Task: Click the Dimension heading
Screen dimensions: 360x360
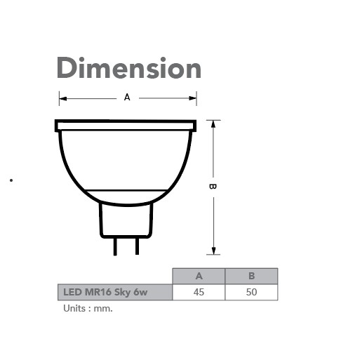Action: (x=128, y=69)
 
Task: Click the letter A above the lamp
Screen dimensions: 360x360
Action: (x=127, y=98)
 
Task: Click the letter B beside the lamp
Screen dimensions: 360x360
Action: (x=213, y=186)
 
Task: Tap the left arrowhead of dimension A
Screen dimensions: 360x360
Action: (x=62, y=98)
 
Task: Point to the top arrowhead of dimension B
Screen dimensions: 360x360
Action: (x=213, y=124)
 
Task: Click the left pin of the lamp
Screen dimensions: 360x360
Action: (x=115, y=246)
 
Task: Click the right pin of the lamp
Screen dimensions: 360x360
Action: (x=137, y=246)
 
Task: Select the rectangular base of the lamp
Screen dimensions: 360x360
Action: (x=126, y=220)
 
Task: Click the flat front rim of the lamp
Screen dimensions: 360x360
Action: (x=126, y=126)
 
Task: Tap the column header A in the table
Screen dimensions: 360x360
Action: (x=199, y=276)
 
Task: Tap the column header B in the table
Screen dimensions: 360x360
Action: (x=251, y=276)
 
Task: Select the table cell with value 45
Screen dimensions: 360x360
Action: (x=199, y=292)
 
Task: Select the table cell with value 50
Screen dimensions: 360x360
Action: (x=251, y=292)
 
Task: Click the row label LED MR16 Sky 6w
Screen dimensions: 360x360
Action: (x=114, y=292)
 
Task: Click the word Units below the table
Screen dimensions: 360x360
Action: (x=74, y=308)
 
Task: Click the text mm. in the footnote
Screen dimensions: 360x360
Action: (x=103, y=308)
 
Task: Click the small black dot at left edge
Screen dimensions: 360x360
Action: (x=11, y=180)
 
